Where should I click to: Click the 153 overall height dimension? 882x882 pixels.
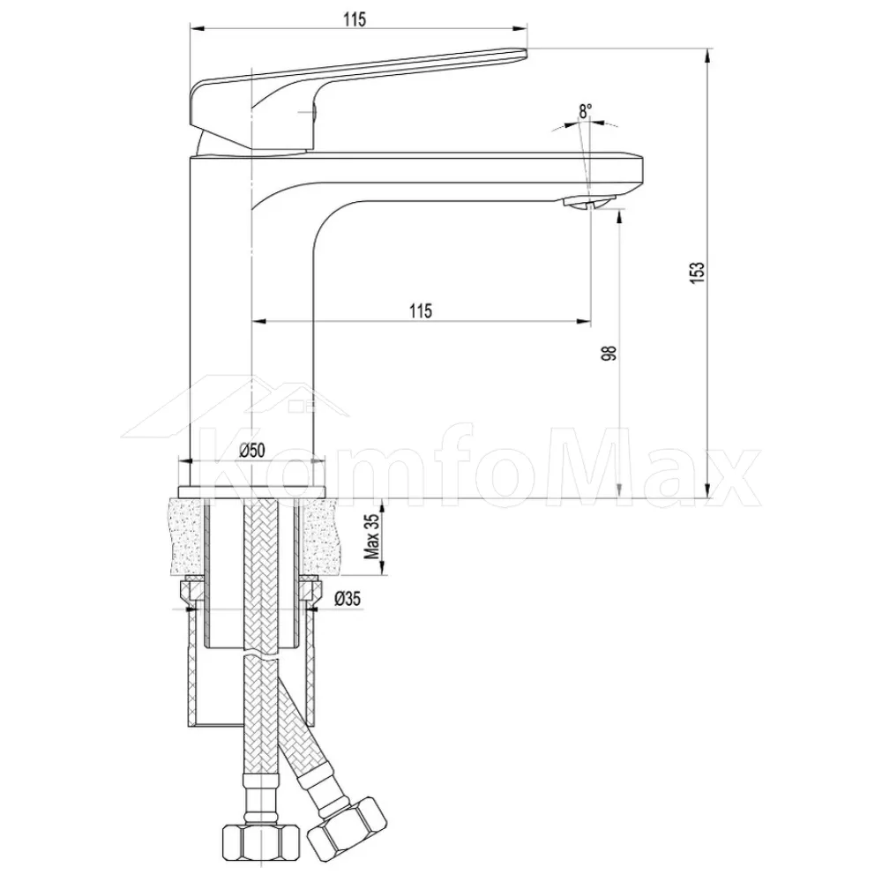coord(697,273)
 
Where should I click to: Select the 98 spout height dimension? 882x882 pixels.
coord(609,354)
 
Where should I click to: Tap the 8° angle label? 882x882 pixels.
coord(586,111)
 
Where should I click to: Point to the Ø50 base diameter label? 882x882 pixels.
coord(252,450)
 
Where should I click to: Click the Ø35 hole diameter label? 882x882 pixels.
coord(347,599)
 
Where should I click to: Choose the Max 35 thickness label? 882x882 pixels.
coord(372,536)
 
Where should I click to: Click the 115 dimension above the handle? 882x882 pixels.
coord(355,19)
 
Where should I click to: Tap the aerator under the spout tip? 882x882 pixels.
coord(591,203)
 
